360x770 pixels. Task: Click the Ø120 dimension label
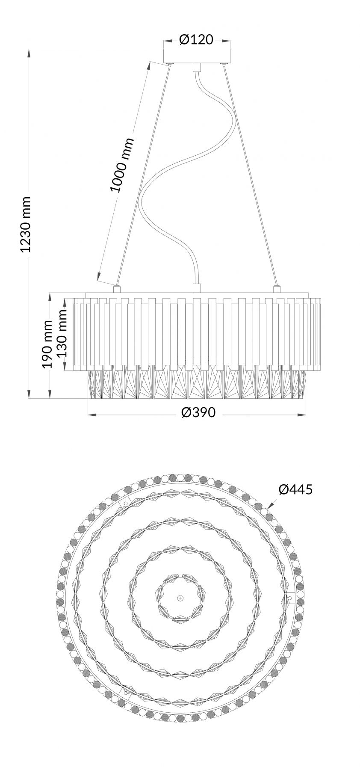[x=196, y=40]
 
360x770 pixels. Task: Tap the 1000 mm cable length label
[x=122, y=165]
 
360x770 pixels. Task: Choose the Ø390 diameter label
[x=198, y=412]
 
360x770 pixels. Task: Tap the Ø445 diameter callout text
[x=295, y=489]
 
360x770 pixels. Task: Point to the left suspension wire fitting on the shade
[x=116, y=288]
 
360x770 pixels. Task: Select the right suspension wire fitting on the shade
[x=276, y=289]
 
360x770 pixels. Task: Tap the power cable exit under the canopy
[x=197, y=68]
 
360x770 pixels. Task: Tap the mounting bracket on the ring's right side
[x=289, y=598]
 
